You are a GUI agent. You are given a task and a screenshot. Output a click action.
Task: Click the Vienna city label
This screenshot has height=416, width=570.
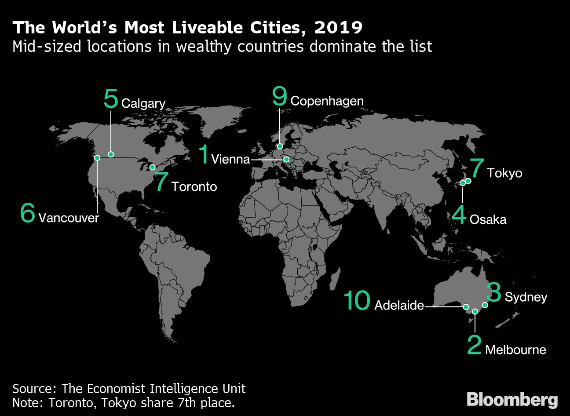click(x=230, y=159)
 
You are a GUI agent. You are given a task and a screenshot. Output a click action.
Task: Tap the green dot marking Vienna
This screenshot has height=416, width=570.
click(x=286, y=159)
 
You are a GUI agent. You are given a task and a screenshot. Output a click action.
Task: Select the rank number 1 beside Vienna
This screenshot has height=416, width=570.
click(x=203, y=154)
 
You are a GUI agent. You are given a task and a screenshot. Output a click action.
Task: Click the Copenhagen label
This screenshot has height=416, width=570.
click(x=327, y=101)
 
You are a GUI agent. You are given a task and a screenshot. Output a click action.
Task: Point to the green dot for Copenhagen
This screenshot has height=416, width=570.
click(x=280, y=146)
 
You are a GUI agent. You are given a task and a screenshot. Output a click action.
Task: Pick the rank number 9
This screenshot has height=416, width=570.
click(x=279, y=96)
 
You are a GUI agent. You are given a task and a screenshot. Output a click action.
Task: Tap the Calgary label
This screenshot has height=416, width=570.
click(x=143, y=104)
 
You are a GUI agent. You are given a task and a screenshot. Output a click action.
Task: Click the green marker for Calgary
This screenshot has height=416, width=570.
click(x=111, y=154)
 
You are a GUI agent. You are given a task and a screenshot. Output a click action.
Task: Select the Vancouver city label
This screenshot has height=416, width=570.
click(x=69, y=218)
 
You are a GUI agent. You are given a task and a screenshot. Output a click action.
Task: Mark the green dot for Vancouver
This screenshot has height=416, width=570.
click(x=97, y=157)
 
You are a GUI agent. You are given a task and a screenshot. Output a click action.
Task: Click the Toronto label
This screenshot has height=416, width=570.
click(x=194, y=187)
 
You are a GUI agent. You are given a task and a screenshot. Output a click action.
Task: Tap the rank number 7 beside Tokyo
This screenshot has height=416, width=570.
click(x=476, y=168)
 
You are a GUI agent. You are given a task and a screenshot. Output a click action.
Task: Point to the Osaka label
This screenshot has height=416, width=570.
click(x=488, y=219)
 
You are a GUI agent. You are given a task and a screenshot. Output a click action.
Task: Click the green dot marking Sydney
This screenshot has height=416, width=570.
click(x=485, y=305)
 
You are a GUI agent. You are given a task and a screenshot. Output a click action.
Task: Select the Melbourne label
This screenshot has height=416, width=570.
click(x=515, y=350)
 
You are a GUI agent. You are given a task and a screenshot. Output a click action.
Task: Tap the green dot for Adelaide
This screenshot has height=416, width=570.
click(x=466, y=307)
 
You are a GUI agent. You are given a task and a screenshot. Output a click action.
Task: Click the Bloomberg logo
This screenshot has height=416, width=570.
click(x=512, y=400)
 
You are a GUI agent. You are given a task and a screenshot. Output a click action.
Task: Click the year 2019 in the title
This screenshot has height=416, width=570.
click(x=338, y=28)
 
